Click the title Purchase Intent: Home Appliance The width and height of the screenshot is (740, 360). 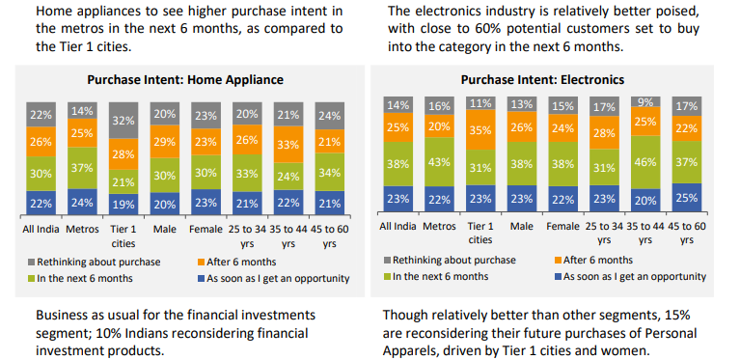pos(185,79)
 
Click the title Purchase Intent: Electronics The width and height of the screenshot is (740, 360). pos(542,79)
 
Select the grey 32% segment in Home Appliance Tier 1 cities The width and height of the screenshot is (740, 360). pos(123,121)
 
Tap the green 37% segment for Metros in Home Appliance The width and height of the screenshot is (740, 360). pos(82,168)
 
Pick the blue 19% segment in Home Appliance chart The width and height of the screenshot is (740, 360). pos(123,205)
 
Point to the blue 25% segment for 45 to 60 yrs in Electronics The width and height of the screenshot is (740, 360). pos(687,198)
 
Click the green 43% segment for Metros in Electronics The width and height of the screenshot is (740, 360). pos(439,161)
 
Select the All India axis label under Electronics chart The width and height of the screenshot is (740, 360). pos(397,226)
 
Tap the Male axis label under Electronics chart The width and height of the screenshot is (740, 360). pos(521,226)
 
